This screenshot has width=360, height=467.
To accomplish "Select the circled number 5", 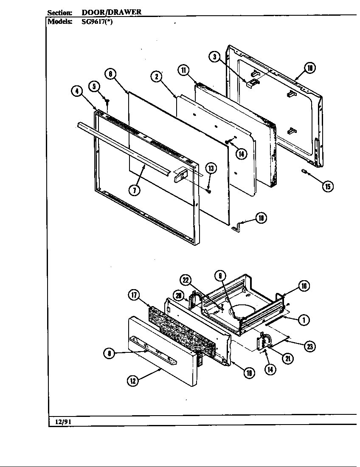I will pyautogui.click(x=94, y=87).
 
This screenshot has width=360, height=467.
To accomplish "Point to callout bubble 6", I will pyautogui.click(x=110, y=74).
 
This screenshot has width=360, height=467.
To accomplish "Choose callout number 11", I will pyautogui.click(x=183, y=70).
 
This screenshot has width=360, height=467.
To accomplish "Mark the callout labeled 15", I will pyautogui.click(x=327, y=186).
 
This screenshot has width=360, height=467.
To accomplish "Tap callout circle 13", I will pyautogui.click(x=211, y=169).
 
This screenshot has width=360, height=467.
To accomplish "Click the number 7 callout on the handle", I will pyautogui.click(x=134, y=190).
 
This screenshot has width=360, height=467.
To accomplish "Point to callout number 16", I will pyautogui.click(x=304, y=286).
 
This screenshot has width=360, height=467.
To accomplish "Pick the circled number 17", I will pyautogui.click(x=134, y=295).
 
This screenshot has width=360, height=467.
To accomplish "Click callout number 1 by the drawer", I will pyautogui.click(x=304, y=320).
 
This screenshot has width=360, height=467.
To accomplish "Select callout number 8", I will pyautogui.click(x=110, y=353).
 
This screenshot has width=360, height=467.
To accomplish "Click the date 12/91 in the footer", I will pyautogui.click(x=62, y=422).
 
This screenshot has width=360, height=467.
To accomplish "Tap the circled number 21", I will pyautogui.click(x=288, y=359).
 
